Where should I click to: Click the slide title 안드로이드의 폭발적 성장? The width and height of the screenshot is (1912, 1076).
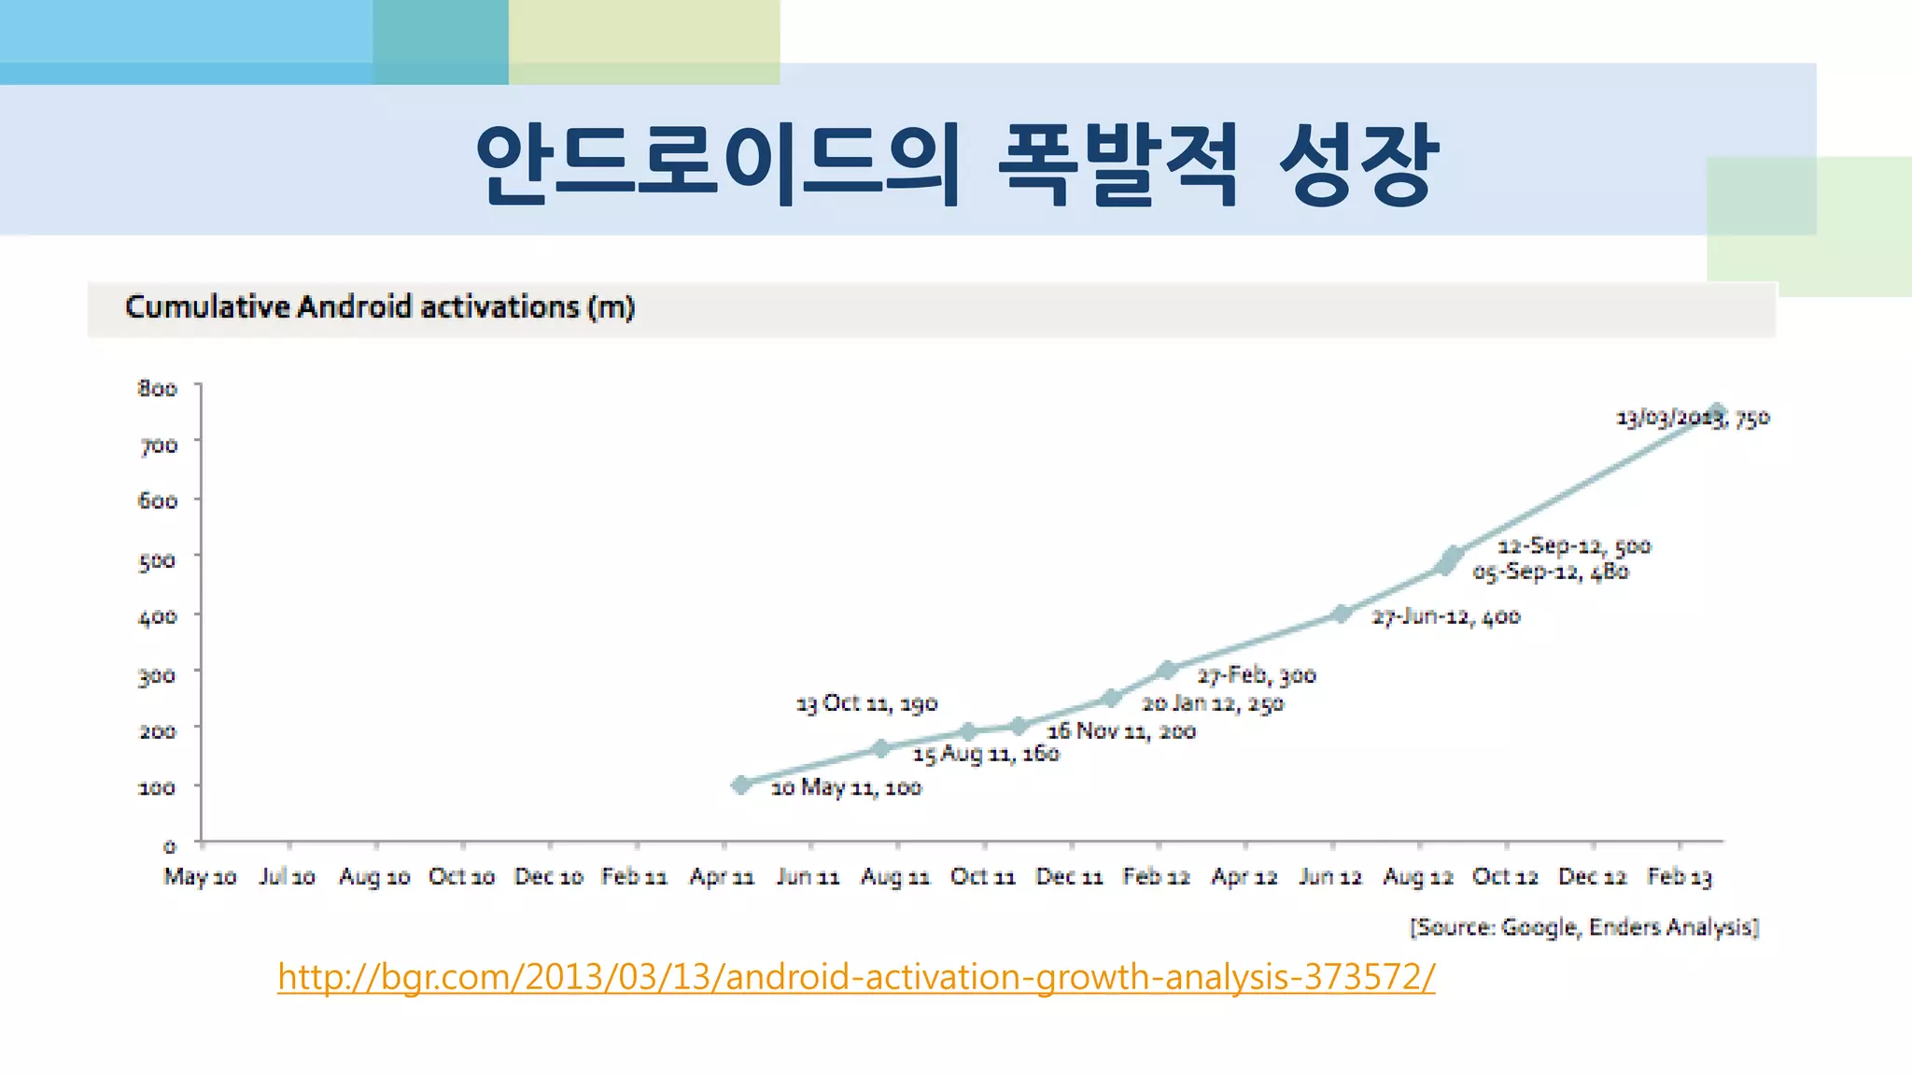pos(957,163)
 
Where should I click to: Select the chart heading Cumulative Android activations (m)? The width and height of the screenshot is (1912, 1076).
pos(380,307)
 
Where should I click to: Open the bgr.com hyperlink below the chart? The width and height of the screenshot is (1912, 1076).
pos(856,977)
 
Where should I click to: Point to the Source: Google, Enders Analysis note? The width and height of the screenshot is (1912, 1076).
pos(1584,927)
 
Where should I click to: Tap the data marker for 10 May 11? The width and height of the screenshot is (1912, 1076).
pos(741,785)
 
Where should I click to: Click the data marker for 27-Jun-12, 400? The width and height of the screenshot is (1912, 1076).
pos(1342,614)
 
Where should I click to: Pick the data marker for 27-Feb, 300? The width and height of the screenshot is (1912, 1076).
pos(1167,670)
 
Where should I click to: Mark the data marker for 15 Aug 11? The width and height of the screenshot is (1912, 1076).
pos(880,748)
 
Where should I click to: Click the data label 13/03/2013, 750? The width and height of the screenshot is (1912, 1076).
pos(1693,418)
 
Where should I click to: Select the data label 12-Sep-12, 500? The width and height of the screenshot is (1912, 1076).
pos(1574,545)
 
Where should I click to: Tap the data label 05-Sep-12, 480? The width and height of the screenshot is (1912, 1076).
pos(1551,572)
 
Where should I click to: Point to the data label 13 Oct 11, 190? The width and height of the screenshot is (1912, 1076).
pos(866,703)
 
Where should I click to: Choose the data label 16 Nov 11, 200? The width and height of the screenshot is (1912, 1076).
pos(1121,731)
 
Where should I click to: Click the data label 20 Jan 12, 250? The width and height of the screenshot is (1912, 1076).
pos(1213,703)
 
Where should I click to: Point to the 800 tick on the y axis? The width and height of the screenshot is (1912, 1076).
pos(158,389)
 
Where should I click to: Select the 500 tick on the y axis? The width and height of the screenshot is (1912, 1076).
pos(158,560)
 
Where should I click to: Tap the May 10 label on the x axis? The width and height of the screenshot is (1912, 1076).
pos(200,877)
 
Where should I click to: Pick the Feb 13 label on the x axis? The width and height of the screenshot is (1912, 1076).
pos(1680,877)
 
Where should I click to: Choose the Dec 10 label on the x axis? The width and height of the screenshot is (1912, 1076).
pos(549,877)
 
